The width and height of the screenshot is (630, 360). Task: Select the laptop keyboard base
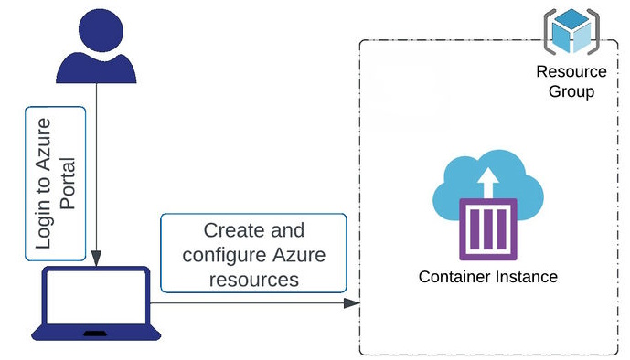point(94,333)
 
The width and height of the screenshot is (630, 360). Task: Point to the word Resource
point(571,72)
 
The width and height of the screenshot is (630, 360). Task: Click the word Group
point(572,91)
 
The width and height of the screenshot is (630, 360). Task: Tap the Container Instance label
point(487,277)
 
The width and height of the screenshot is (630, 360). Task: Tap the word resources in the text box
point(253,280)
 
